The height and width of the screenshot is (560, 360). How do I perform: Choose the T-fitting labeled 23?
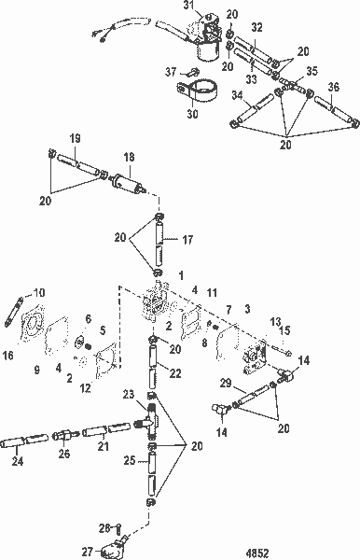click(153, 424)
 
